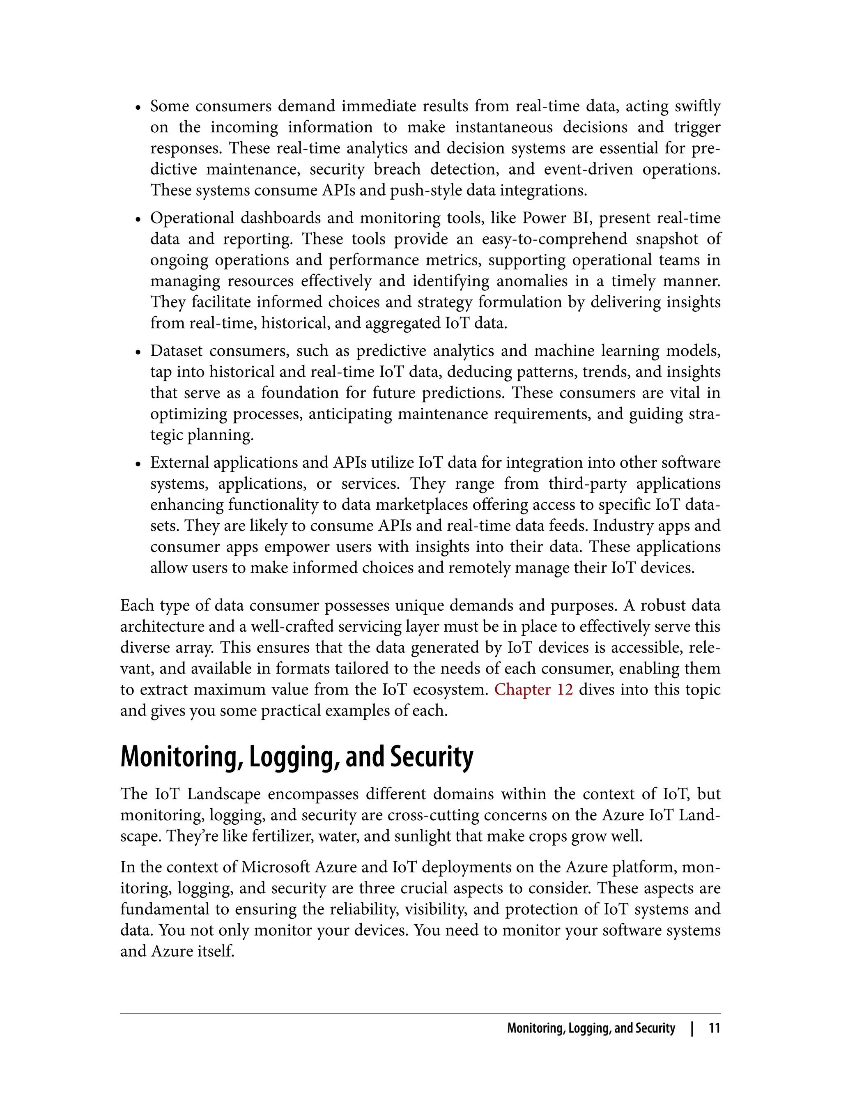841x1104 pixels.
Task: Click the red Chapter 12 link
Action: click(533, 690)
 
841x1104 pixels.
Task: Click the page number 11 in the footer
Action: click(714, 1028)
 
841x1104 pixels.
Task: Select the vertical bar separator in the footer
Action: click(692, 1028)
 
